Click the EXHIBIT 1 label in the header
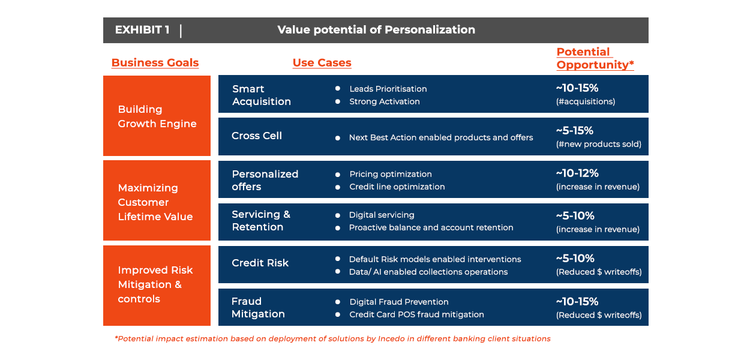point(142,30)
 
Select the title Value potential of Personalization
point(376,30)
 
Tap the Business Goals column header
point(155,62)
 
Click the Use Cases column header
point(322,62)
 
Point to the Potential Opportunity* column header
point(595,58)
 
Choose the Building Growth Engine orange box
point(157,116)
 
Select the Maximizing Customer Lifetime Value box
point(157,200)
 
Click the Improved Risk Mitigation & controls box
point(157,286)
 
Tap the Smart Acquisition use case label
point(262,95)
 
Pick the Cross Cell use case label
point(257,136)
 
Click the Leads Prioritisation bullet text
point(388,89)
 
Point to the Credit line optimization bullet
point(397,187)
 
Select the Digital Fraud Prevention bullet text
point(398,302)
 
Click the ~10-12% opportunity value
point(577,173)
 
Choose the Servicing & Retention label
point(261,221)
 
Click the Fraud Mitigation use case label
point(258,307)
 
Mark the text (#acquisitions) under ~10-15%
point(586,101)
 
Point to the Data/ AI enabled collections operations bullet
point(428,272)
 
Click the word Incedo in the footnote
point(391,339)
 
